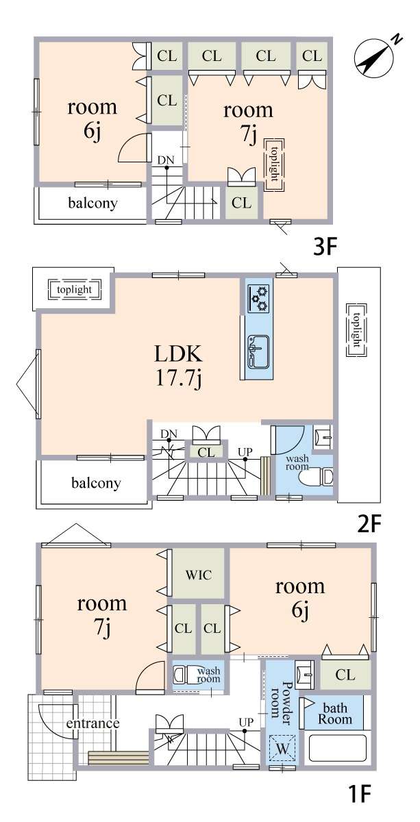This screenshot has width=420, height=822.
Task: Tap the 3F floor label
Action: pyautogui.click(x=325, y=247)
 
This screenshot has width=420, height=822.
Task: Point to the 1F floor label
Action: pyautogui.click(x=360, y=803)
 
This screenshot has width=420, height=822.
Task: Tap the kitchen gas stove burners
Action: pyautogui.click(x=259, y=299)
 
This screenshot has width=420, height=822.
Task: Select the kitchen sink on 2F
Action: pyautogui.click(x=258, y=352)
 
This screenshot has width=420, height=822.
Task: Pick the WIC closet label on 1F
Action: pyautogui.click(x=199, y=575)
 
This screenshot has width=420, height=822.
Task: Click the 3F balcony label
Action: pyautogui.click(x=93, y=203)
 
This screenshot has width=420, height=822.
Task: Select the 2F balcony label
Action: pyautogui.click(x=96, y=484)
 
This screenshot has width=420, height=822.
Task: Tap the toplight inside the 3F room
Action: pyautogui.click(x=274, y=165)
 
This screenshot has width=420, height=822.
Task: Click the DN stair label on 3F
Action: pyautogui.click(x=166, y=160)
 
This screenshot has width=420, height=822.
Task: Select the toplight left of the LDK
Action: pyautogui.click(x=75, y=290)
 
